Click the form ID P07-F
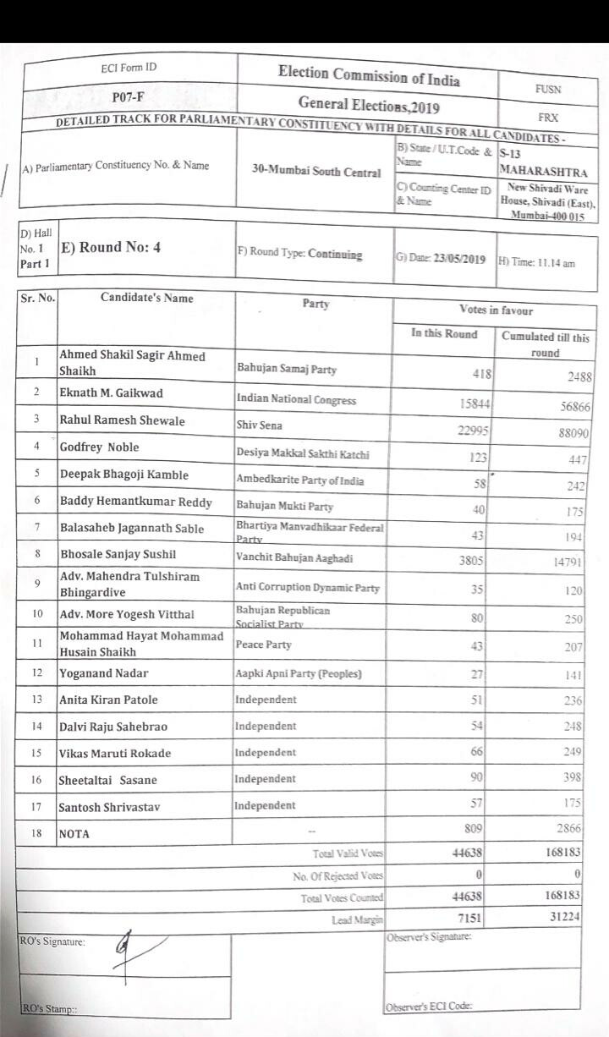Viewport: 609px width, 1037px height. [128, 99]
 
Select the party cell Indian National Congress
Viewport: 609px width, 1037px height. [295, 399]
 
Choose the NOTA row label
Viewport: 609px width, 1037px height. [74, 834]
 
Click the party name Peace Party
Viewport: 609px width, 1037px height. [263, 645]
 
